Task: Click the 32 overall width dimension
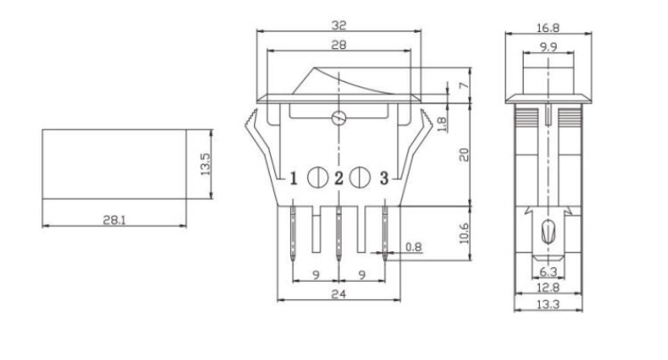point(340,25)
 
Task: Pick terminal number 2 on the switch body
point(339,178)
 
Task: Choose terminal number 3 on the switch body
point(385,178)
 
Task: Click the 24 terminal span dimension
point(339,294)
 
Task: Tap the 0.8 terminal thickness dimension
point(414,247)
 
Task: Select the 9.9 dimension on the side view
point(547,48)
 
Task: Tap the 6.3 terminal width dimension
point(547,271)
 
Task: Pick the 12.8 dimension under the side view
point(547,287)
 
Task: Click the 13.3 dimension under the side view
point(547,304)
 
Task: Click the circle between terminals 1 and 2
point(317,178)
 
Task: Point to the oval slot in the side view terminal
point(547,229)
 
